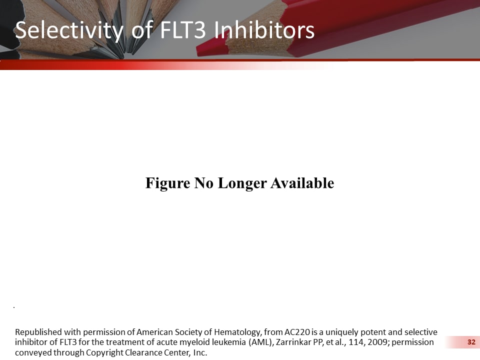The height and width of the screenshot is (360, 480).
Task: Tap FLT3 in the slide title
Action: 182,30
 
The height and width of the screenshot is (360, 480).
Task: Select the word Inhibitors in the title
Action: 264,30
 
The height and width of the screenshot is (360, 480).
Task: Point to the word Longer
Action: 242,183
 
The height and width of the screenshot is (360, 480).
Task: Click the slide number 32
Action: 470,342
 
